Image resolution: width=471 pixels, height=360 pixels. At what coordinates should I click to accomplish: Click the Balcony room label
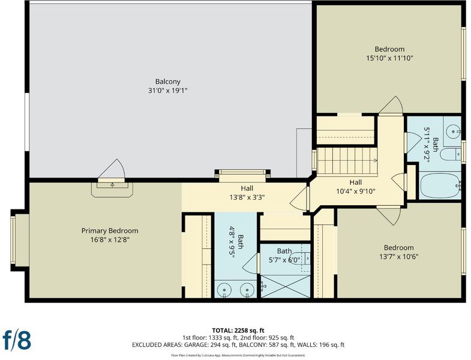pos(167,82)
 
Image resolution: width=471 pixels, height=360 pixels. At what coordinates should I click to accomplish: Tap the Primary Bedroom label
pos(110,231)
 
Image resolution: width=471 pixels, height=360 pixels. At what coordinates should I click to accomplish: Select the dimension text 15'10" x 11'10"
pos(389,58)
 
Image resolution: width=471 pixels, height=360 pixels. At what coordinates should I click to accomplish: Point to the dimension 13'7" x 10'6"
pos(398,257)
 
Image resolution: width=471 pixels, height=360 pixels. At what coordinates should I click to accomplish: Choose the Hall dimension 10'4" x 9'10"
pos(356,191)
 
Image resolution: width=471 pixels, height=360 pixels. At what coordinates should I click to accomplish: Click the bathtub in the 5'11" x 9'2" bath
pos(440,185)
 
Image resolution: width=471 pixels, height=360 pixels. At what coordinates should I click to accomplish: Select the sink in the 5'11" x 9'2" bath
pos(452,131)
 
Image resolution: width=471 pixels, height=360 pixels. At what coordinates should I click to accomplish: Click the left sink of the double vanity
pos(224,290)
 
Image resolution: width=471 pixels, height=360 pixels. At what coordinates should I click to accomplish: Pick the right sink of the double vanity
pos(247,290)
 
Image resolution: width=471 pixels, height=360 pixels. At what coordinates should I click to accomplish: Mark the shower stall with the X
pos(285,286)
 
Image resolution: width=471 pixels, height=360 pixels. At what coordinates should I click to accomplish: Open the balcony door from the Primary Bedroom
pos(112,171)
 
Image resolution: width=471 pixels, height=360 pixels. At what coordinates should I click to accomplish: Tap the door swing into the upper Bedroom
pos(391,106)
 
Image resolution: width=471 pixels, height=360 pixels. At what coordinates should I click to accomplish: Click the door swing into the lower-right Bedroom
pos(389,215)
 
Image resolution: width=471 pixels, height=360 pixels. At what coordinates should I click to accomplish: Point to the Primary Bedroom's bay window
pos(13,240)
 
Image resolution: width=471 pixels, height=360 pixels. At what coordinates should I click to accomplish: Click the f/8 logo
pos(17,340)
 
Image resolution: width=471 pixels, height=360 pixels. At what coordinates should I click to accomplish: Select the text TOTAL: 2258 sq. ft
pos(238,331)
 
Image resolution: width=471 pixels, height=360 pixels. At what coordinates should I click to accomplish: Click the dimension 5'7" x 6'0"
pos(284,260)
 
